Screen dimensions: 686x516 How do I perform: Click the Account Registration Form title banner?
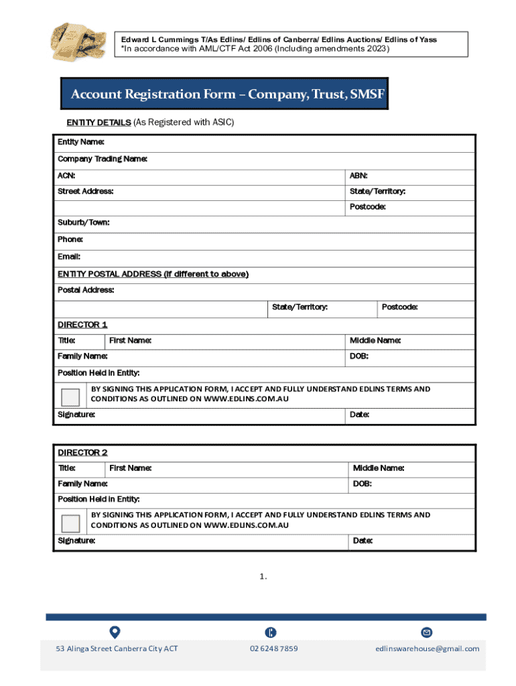[x=228, y=94]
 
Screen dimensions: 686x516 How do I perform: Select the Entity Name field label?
[x=80, y=142]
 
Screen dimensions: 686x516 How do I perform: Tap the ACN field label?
[x=66, y=176]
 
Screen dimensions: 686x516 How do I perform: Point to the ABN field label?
[x=359, y=176]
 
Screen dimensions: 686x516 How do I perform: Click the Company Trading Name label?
[x=102, y=159]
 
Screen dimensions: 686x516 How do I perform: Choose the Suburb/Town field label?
[x=83, y=222]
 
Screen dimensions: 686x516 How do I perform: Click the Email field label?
[x=68, y=257]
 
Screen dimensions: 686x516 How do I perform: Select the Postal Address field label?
[x=86, y=290]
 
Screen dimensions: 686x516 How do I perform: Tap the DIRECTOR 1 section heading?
[x=82, y=325]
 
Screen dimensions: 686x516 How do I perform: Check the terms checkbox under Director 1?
[x=70, y=397]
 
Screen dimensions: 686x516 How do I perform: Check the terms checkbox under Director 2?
[x=70, y=523]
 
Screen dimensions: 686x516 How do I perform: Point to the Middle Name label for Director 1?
[x=375, y=341]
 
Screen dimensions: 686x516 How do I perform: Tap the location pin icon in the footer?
[x=115, y=632]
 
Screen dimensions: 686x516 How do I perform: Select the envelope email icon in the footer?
[x=426, y=632]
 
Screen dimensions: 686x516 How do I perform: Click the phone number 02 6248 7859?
[x=273, y=648]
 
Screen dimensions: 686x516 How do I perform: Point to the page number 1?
[x=264, y=575]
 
